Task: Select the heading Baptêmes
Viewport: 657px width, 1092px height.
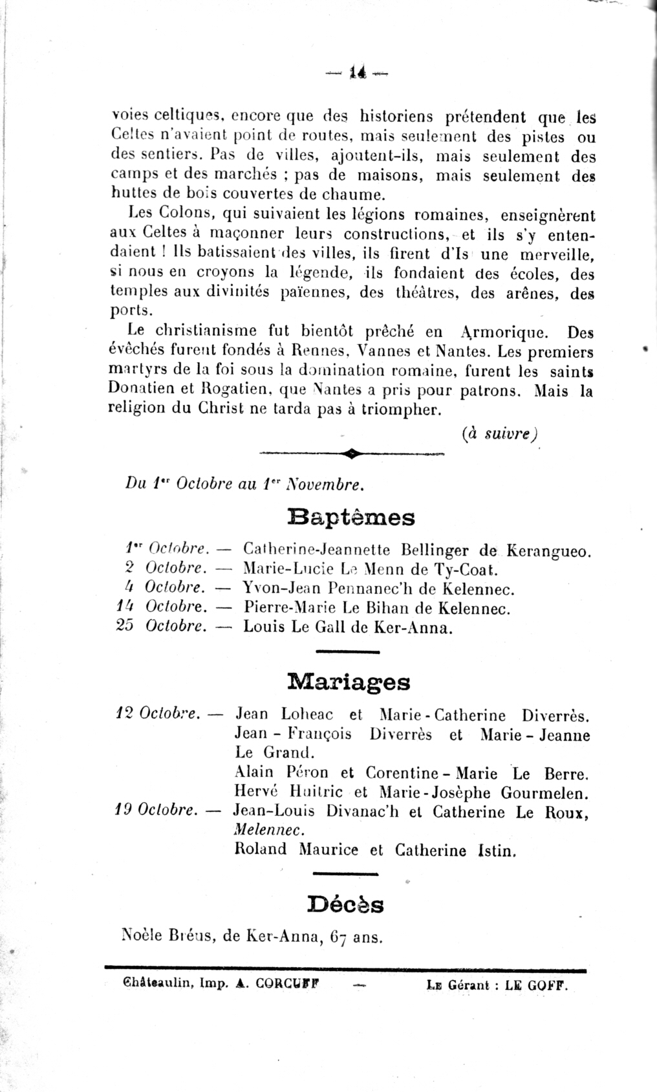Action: (x=350, y=518)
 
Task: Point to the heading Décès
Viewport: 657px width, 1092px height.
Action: (x=346, y=904)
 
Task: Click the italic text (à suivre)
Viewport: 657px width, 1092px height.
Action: (x=501, y=434)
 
